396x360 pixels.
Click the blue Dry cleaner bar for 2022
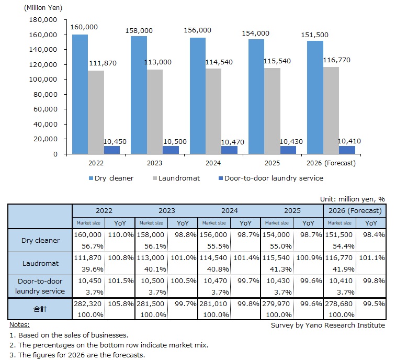pos(80,94)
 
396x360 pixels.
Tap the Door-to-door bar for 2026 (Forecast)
pos(346,150)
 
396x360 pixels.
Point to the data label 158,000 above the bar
pos(138,31)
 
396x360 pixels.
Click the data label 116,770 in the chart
pos(336,60)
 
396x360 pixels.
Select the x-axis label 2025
pos(272,163)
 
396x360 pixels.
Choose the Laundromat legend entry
pos(176,178)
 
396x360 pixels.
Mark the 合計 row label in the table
pos(40,309)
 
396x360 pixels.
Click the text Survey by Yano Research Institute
pos(327,325)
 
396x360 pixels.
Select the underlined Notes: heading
pos(20,325)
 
